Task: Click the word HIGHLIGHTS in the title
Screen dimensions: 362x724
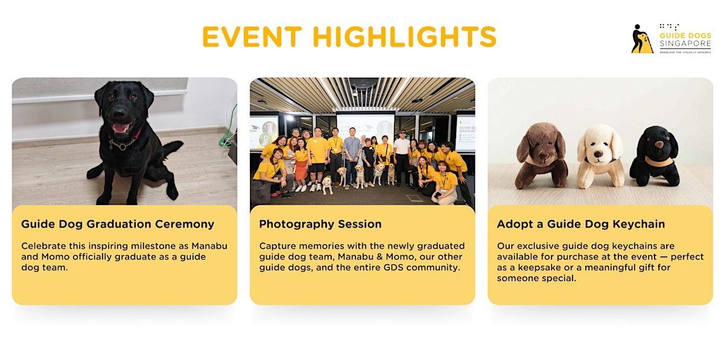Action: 404,37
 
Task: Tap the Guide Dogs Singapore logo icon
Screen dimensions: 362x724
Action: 642,39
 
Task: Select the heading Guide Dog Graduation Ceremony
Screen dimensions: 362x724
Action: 118,224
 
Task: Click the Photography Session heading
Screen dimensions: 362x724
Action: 320,224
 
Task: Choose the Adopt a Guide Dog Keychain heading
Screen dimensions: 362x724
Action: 580,224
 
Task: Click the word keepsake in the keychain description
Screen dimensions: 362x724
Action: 529,267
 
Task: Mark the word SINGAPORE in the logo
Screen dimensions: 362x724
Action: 685,44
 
